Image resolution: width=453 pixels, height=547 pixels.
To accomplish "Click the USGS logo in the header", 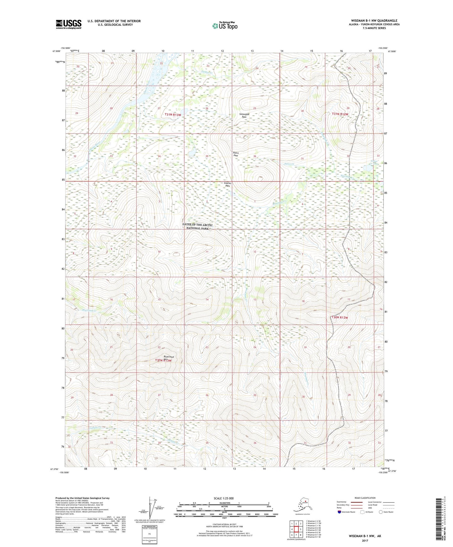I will pyautogui.click(x=68, y=24).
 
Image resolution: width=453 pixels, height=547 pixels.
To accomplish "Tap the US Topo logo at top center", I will pyautogui.click(x=224, y=25).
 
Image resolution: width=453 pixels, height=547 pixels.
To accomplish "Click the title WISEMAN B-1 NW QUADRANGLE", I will pyautogui.click(x=374, y=21).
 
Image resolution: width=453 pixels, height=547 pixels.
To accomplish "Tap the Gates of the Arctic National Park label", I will pyautogui.click(x=198, y=227).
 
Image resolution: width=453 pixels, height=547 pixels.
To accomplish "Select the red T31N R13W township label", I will pyautogui.click(x=173, y=115).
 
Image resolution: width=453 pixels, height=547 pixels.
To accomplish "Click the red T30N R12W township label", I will pyautogui.click(x=340, y=318).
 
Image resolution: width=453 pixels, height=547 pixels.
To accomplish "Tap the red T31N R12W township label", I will pyautogui.click(x=340, y=114).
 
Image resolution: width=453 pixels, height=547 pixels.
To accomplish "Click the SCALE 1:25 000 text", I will pyautogui.click(x=224, y=498).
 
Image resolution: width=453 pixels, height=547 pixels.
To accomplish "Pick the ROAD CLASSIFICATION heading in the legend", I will pyautogui.click(x=365, y=498).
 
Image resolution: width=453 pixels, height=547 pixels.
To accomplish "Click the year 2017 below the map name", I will pyautogui.click(x=365, y=541).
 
